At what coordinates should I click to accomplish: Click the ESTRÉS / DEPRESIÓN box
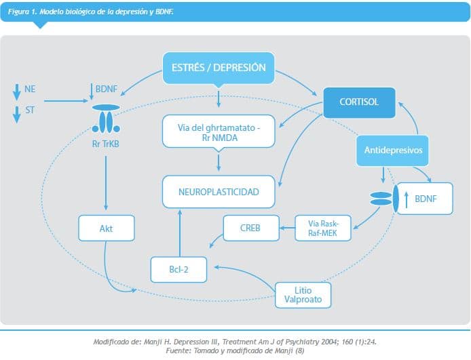[x=218, y=67]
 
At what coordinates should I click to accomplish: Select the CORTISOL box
[x=359, y=103]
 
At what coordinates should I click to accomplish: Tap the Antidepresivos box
[x=393, y=151]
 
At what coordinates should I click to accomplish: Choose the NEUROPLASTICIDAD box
[x=219, y=192]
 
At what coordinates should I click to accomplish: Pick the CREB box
[x=251, y=228]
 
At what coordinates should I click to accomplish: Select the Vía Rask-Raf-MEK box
[x=323, y=228]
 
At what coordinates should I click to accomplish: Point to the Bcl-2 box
[x=178, y=268]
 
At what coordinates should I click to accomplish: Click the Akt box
[x=106, y=228]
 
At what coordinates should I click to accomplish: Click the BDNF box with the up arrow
[x=423, y=199]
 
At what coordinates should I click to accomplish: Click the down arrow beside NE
[x=16, y=90]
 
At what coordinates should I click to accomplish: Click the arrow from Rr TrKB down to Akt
[x=105, y=180]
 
